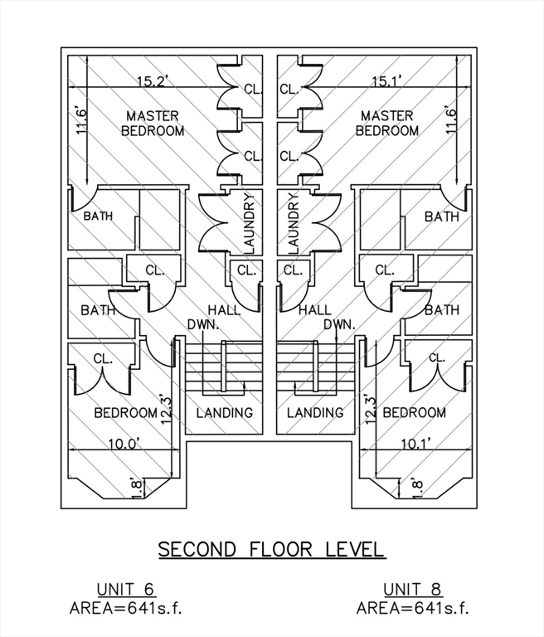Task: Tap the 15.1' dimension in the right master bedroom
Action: coord(387,81)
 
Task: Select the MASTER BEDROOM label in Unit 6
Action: coord(153,124)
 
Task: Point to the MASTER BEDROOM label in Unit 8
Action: coord(387,124)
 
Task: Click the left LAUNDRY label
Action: coord(249,223)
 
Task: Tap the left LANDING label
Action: coord(225,413)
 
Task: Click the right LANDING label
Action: coord(315,413)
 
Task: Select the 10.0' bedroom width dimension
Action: coord(124,444)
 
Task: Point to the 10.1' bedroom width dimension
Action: coord(416,444)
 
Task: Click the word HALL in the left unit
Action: coord(224,310)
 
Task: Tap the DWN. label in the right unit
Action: coord(340,324)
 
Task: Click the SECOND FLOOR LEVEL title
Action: coord(271,550)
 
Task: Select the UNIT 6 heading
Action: coord(126,590)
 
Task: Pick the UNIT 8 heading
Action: coord(413,590)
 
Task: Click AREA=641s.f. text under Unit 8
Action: coord(413,609)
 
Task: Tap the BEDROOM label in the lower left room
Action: coord(125,413)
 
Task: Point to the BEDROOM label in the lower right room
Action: coord(415,413)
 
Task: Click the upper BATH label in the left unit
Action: coord(98,216)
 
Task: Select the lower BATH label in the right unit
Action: coord(442,310)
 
